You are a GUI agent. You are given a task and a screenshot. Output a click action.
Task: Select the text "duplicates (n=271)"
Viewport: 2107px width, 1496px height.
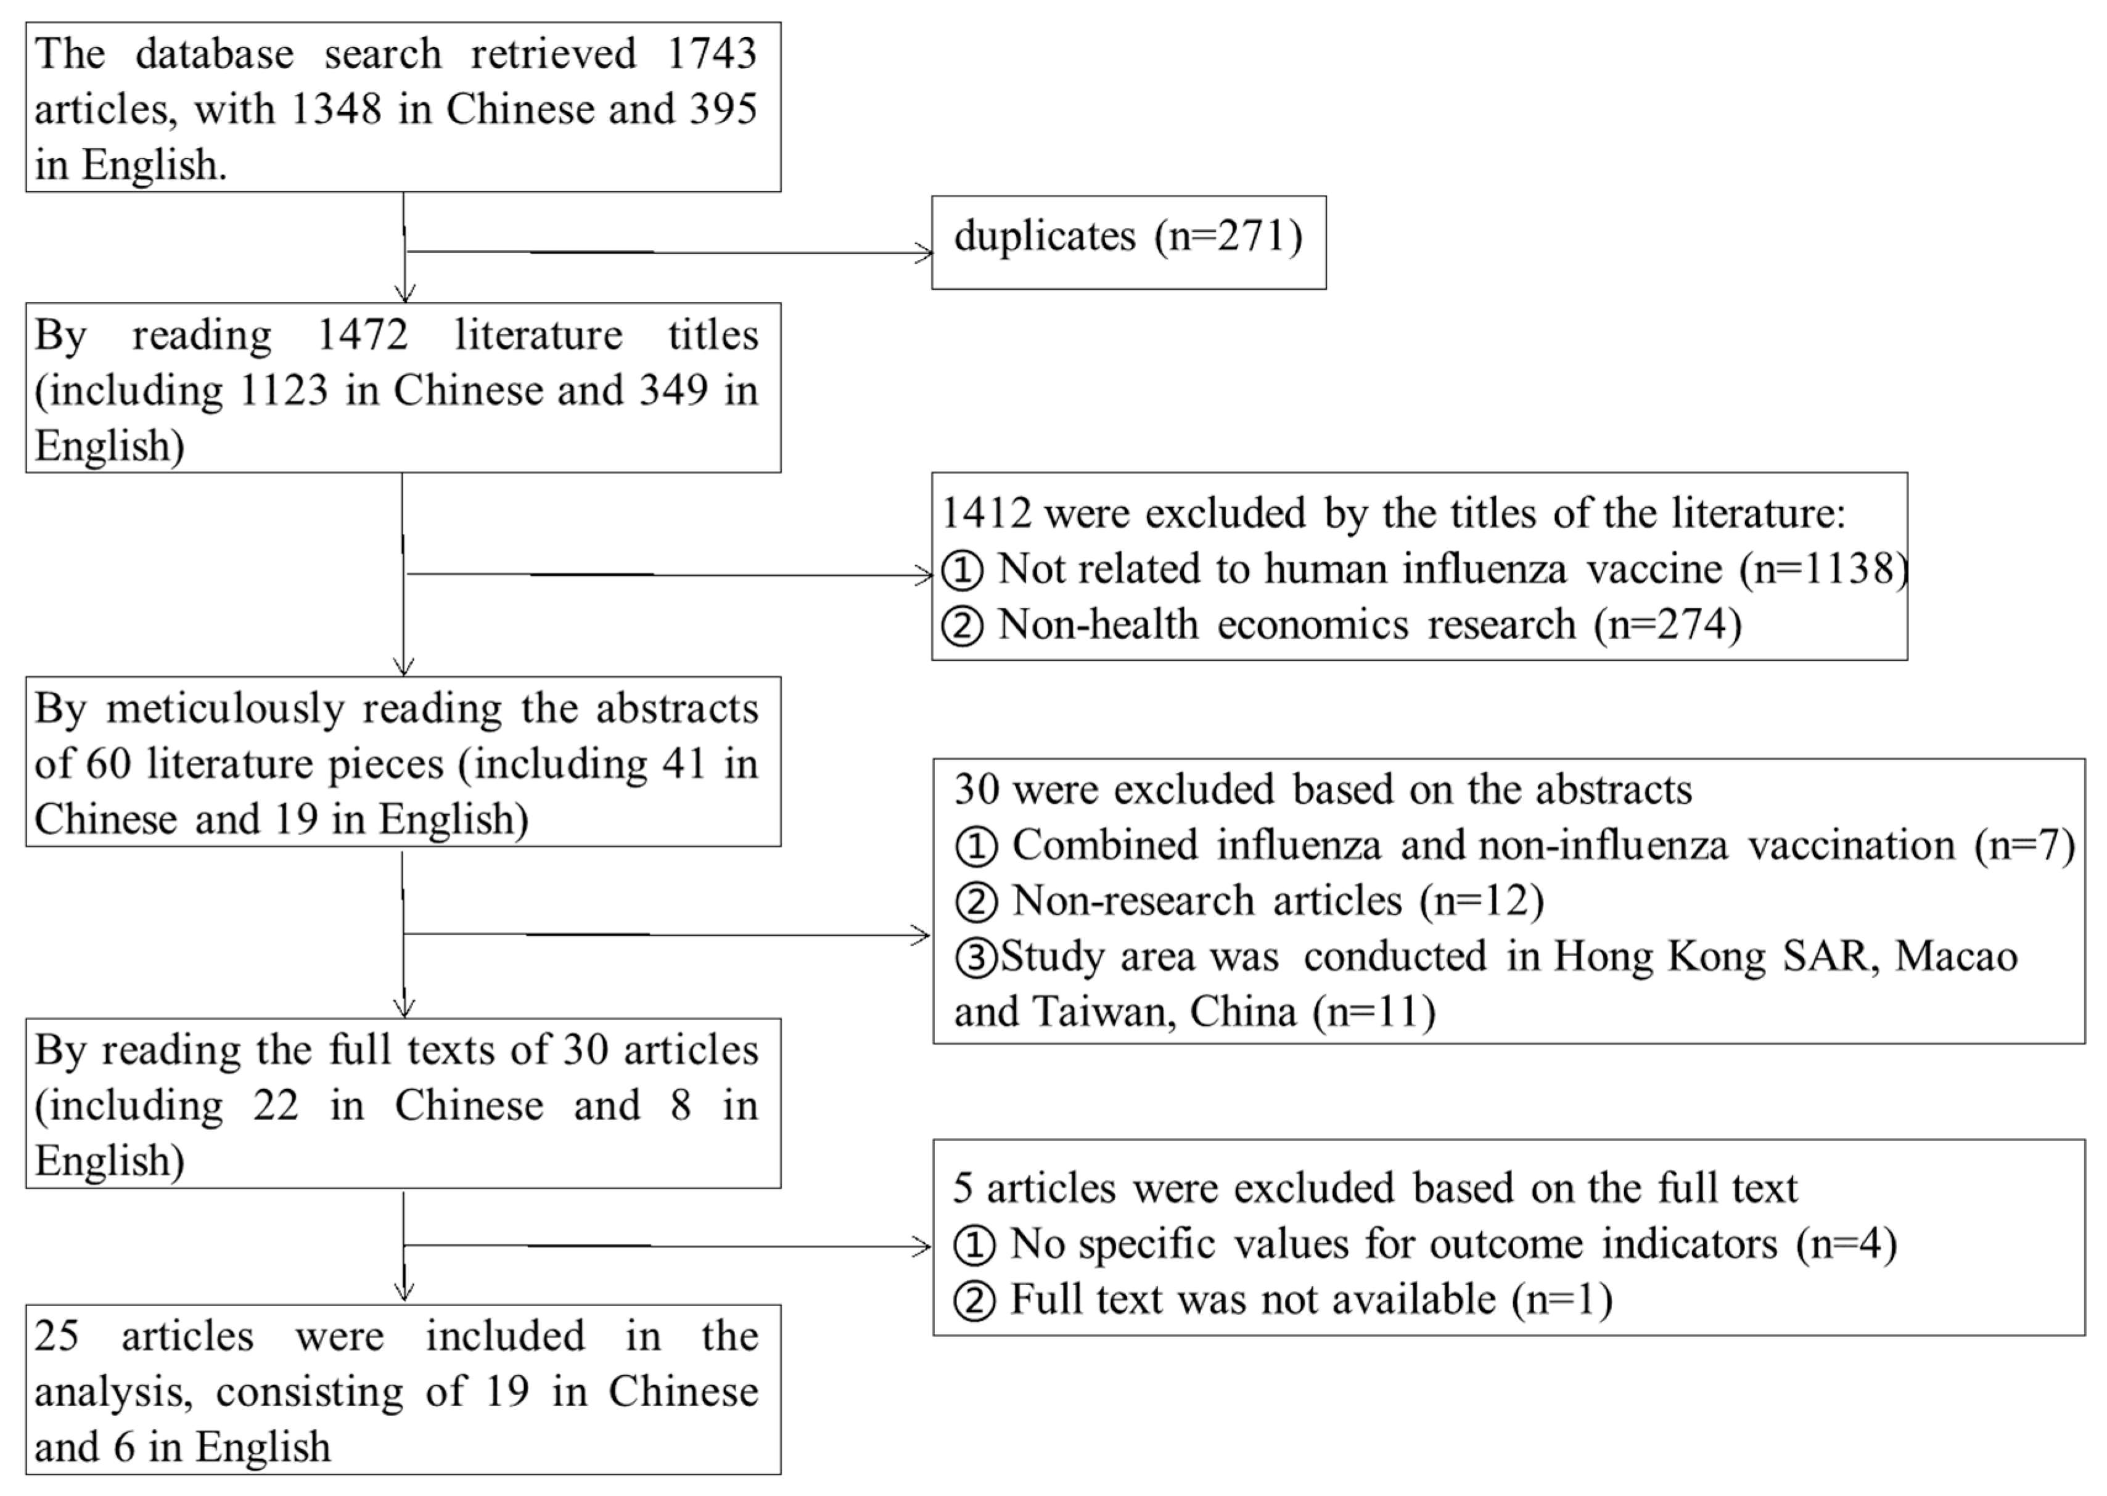pyautogui.click(x=1128, y=237)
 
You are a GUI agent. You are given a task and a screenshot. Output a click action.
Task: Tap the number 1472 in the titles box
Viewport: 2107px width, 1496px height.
pyautogui.click(x=362, y=334)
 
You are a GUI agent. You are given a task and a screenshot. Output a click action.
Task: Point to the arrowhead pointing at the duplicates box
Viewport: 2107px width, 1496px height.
pyautogui.click(x=923, y=253)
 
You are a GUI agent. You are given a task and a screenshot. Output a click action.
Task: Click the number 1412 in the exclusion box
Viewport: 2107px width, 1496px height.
pyautogui.click(x=986, y=513)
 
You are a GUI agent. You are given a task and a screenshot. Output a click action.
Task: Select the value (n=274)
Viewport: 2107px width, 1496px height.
pyautogui.click(x=1667, y=624)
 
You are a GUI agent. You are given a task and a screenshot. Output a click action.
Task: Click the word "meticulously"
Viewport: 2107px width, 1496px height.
pyautogui.click(x=225, y=708)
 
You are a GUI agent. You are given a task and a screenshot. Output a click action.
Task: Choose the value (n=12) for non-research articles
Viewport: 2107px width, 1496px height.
pyautogui.click(x=1482, y=901)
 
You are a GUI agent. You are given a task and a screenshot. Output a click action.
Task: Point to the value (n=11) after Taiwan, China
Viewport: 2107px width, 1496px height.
pyautogui.click(x=1374, y=1012)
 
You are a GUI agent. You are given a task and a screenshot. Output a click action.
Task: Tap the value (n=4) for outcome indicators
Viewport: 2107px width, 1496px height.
pyautogui.click(x=1846, y=1245)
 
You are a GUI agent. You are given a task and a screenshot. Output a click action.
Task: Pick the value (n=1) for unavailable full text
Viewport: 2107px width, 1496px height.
pyautogui.click(x=1561, y=1300)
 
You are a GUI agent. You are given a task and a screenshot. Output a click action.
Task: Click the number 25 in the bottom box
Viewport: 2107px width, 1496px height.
pyautogui.click(x=56, y=1336)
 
